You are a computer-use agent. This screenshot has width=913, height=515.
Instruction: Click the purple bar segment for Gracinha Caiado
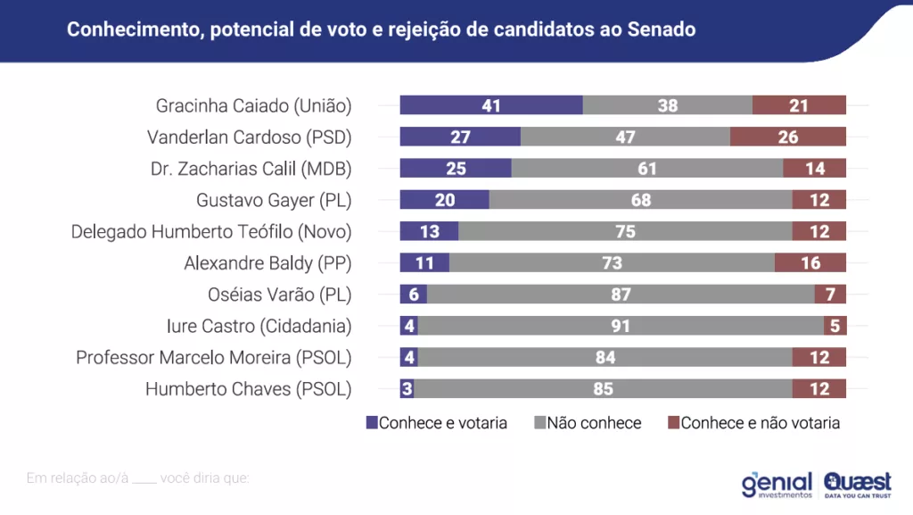[x=490, y=105]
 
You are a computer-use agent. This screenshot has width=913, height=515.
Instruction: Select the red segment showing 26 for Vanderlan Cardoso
[x=787, y=137]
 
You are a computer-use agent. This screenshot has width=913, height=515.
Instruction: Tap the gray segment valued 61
[x=646, y=169]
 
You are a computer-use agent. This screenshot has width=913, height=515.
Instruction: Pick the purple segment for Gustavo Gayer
[x=444, y=200]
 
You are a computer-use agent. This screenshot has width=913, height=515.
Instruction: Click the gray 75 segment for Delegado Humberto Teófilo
[x=625, y=231]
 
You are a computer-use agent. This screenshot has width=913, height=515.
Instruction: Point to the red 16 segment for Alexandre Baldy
[x=810, y=263]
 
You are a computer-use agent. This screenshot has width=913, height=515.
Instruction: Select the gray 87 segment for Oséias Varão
[x=621, y=295]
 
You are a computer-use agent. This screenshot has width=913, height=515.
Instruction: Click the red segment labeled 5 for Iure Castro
[x=835, y=326]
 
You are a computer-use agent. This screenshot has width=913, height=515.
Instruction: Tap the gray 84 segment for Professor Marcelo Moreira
[x=605, y=357]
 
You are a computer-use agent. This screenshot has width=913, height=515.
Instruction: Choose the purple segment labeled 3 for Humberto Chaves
[x=407, y=389]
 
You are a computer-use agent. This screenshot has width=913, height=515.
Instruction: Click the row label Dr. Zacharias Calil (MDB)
[x=251, y=169]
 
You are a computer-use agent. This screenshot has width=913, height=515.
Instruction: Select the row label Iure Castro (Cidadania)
[x=259, y=326]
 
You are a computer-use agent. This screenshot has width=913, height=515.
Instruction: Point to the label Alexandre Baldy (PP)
[x=267, y=263]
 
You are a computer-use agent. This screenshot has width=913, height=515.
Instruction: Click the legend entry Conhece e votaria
[x=436, y=423]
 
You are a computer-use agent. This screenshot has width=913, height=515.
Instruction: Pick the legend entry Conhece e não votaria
[x=753, y=423]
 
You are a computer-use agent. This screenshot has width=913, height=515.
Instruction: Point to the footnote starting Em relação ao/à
[x=138, y=478]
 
